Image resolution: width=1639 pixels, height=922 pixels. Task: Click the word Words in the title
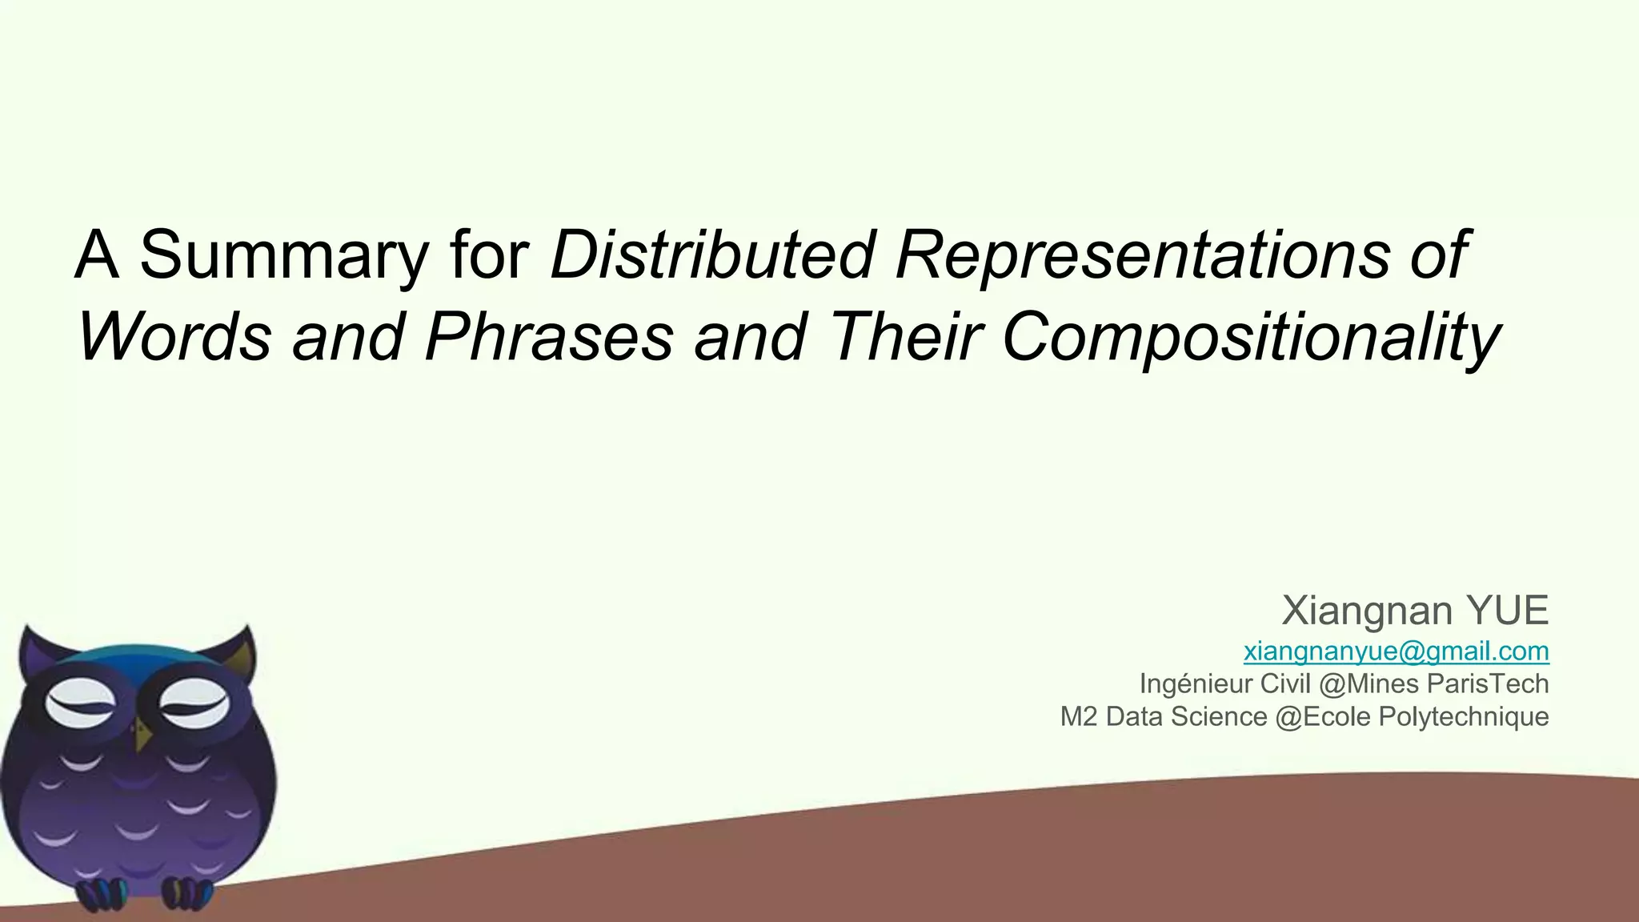click(x=174, y=336)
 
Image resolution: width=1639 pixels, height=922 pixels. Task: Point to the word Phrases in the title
click(x=549, y=336)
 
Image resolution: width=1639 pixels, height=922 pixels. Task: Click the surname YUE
click(x=1508, y=611)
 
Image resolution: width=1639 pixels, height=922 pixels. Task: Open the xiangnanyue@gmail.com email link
click(x=1396, y=651)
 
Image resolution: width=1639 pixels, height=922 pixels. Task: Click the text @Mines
click(x=1373, y=684)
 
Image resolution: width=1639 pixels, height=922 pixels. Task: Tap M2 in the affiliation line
click(x=1079, y=716)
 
